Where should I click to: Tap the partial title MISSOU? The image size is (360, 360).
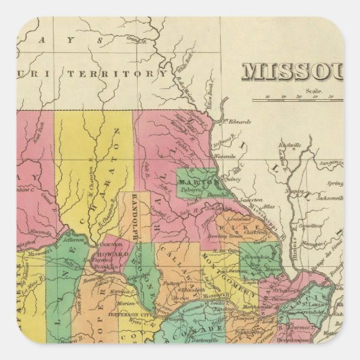(293, 71)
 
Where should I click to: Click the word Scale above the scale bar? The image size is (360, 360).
(312, 90)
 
